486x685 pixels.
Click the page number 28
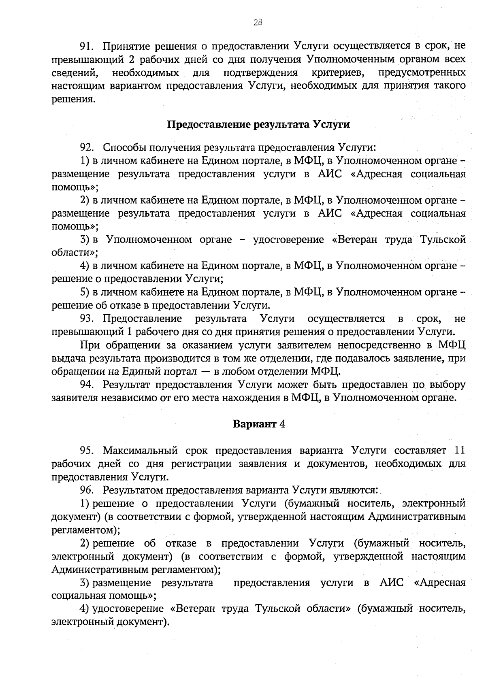click(258, 23)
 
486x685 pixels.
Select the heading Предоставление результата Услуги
click(258, 124)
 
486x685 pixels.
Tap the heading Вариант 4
click(259, 424)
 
